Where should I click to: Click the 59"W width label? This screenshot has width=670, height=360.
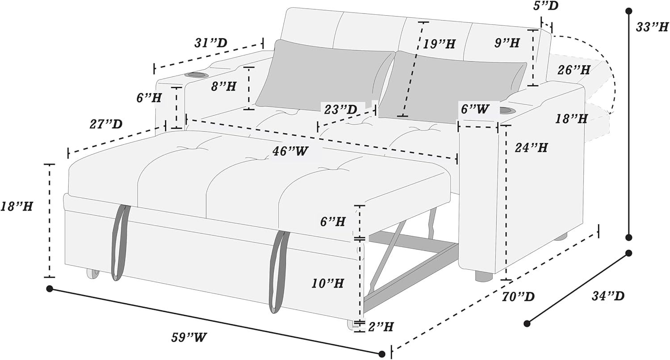coord(189,338)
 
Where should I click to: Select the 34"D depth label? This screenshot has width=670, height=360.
coord(608,296)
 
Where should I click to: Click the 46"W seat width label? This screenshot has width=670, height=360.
coord(290,151)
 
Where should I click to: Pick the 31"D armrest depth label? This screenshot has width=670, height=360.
coord(211,43)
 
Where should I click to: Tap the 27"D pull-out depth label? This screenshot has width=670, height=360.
coord(106,124)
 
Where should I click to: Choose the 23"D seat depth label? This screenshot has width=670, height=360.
coord(341,109)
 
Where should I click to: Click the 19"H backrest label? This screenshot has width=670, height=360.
coord(439,44)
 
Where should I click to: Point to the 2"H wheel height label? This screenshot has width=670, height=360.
coord(381,327)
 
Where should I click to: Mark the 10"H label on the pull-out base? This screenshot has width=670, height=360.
coord(327,283)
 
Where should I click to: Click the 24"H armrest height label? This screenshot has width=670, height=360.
coord(531,148)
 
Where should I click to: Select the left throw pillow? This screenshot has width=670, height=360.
coord(325,76)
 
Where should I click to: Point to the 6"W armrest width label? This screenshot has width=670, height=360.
coord(475,109)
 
